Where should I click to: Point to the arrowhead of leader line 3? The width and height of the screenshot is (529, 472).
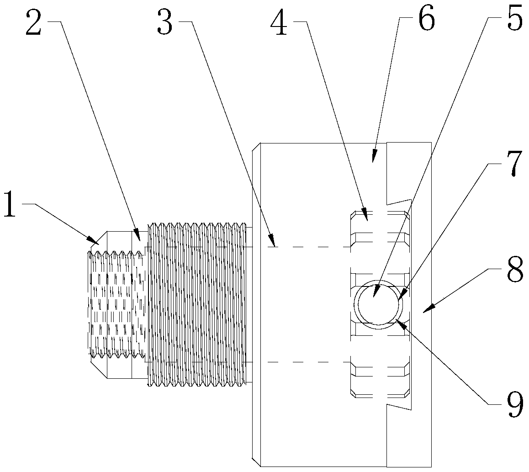click(x=274, y=246)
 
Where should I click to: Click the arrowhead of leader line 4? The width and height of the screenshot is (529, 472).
click(x=365, y=214)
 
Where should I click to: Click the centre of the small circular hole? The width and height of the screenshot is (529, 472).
click(x=378, y=303)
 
